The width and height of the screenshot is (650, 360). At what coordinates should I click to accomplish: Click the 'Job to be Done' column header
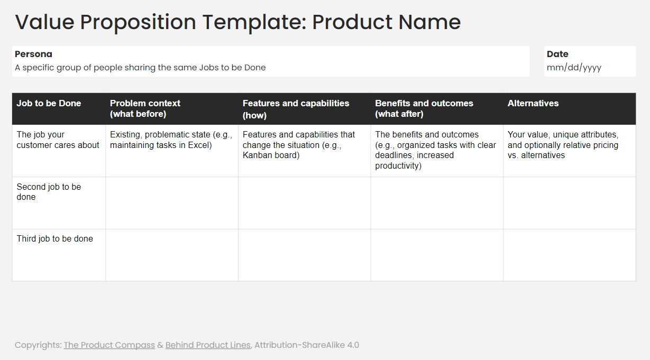[x=49, y=103]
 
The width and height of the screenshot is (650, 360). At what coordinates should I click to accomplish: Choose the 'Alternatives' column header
[x=533, y=103]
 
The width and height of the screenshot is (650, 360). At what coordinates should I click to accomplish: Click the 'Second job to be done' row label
[x=49, y=192]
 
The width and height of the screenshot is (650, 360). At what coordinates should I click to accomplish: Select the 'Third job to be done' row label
[x=55, y=239]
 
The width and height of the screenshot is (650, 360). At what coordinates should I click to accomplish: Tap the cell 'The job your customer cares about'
[x=58, y=140]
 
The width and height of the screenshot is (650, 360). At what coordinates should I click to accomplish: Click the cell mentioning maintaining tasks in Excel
[x=171, y=140]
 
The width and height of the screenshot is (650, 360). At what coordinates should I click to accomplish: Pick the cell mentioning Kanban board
[x=299, y=145]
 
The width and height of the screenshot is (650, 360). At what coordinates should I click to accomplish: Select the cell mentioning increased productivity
[x=436, y=150]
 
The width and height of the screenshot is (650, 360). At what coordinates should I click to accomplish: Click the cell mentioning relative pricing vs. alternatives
[x=563, y=145]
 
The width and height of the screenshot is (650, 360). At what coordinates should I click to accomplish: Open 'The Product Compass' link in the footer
[x=109, y=345]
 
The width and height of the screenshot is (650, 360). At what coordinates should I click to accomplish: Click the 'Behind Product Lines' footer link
[x=208, y=345]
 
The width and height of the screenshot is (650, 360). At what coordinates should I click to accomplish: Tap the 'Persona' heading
[x=33, y=54]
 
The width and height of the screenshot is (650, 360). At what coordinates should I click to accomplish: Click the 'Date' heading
[x=557, y=54]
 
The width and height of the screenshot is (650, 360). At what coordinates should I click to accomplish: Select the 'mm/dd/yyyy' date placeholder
[x=574, y=68]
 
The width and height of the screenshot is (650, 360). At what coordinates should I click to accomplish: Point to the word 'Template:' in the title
[x=252, y=22]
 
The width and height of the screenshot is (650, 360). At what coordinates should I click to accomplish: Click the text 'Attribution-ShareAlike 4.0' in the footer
[x=307, y=345]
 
